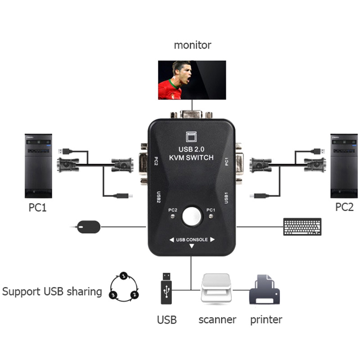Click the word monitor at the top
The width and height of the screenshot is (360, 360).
(192, 45)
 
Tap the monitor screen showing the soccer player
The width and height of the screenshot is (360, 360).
(192, 80)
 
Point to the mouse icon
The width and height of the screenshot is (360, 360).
(88, 226)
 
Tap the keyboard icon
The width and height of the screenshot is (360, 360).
(302, 226)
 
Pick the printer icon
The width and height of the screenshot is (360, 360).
(265, 290)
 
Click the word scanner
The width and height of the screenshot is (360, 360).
(217, 320)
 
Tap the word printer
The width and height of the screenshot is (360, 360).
(266, 320)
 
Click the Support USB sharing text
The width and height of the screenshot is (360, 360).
(52, 291)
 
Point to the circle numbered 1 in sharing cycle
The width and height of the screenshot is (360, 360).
(123, 275)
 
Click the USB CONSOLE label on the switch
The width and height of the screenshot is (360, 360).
(192, 240)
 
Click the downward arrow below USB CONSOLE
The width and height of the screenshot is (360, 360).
(192, 247)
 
